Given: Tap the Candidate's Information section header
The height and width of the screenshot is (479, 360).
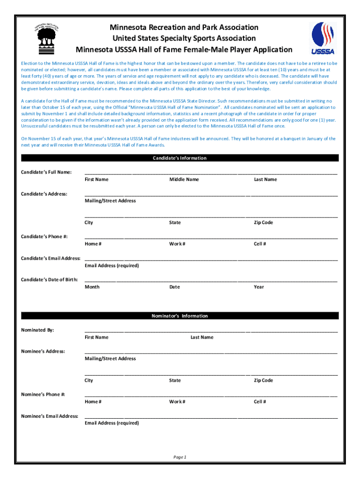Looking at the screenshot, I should point(180,158).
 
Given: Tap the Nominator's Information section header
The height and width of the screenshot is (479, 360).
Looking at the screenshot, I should point(180,316).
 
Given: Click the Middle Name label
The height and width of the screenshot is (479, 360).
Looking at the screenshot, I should point(184,180).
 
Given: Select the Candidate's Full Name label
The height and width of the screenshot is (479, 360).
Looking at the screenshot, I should point(46,173).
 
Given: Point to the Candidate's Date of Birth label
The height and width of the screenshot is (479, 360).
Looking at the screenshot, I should point(49,280).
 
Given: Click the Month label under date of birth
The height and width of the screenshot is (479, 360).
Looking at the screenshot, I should point(92,287).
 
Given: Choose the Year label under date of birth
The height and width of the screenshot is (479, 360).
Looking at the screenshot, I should point(259,287).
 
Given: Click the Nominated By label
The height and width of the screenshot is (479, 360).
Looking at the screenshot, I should point(38,330).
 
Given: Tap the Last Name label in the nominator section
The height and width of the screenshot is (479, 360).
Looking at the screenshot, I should point(202,337).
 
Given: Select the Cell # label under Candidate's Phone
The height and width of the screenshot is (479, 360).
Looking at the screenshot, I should point(260,244).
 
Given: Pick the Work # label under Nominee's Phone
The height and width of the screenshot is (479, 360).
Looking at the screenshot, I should point(177,402).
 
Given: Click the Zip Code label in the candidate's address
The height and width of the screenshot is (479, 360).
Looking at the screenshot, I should point(263,223).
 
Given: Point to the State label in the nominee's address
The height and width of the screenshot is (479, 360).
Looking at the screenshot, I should point(175,381).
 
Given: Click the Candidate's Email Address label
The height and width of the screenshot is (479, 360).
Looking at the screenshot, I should point(50,259).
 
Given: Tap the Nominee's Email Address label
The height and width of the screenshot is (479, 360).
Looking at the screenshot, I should point(50,416).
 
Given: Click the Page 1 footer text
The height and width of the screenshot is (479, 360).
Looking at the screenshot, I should point(180,457).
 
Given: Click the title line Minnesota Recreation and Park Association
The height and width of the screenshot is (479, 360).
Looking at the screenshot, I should point(184,28).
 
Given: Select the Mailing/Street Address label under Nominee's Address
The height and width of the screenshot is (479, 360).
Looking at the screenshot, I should point(110,359).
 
